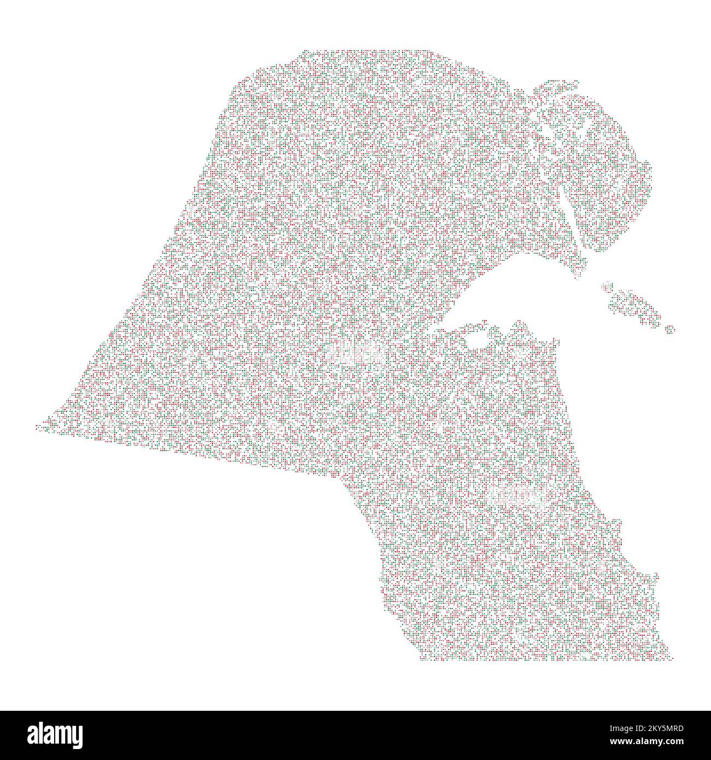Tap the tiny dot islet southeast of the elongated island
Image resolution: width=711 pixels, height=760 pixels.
(x=670, y=329)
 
